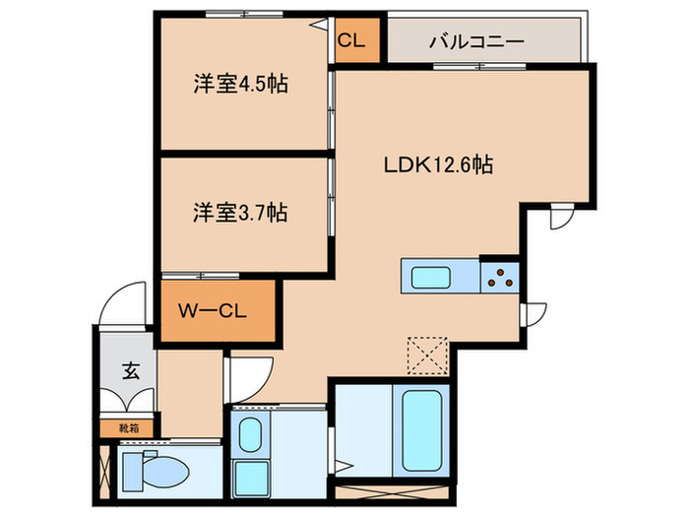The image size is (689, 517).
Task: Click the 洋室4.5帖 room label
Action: pos(240,85)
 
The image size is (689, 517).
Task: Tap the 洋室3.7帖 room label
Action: pos(240,212)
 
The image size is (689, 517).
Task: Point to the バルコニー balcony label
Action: pos(476,42)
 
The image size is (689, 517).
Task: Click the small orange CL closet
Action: pos(352,42)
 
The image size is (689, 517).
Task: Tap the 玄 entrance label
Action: pos(129,371)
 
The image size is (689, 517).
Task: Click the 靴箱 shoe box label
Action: pos(128,428)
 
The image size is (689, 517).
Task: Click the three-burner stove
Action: pos(499,277)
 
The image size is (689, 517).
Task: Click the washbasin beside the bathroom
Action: pos(250,433)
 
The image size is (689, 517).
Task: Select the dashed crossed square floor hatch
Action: pos(427,355)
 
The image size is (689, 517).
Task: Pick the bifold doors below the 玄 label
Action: pos(128,404)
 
